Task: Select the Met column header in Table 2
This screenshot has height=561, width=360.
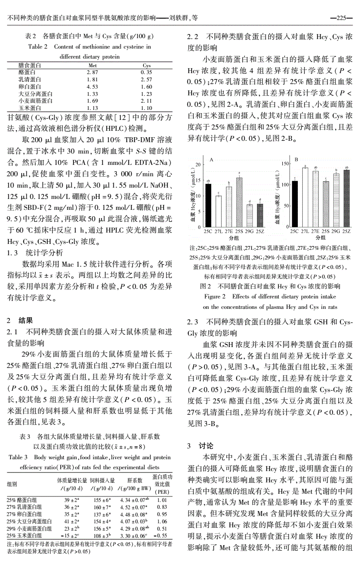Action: [92, 65]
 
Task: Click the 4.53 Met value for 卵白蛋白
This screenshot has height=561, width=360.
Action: [92, 86]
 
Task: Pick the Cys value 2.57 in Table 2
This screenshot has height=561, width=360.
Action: [146, 79]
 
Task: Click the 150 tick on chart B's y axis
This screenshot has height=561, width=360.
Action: [285, 163]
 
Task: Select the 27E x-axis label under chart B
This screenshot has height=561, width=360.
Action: [316, 231]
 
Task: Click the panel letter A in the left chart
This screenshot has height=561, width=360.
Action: [212, 160]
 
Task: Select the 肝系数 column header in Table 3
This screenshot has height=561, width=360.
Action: [134, 480]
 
